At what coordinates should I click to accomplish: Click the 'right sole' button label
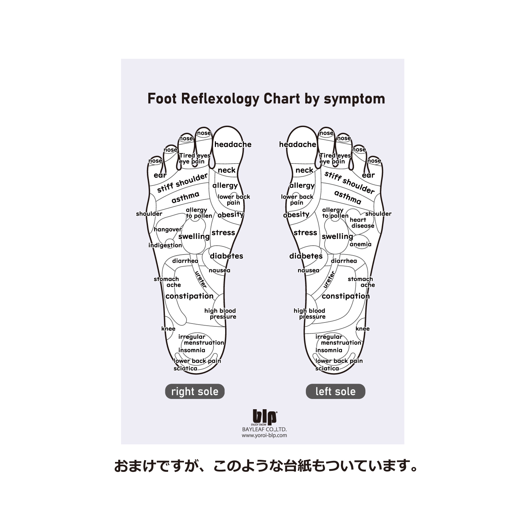[195, 392]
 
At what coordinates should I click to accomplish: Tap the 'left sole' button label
[335, 392]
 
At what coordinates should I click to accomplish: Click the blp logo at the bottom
[264, 417]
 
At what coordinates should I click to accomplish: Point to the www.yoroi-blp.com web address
[264, 435]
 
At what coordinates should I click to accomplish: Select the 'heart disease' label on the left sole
[362, 223]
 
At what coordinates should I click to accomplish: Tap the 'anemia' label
[360, 244]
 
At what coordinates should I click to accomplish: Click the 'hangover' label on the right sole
[167, 229]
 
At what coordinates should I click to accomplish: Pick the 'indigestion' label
[165, 245]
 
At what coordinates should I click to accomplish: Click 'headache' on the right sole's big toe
[233, 144]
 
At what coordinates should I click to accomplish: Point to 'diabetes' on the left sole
[306, 256]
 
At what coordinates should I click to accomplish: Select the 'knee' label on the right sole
[168, 329]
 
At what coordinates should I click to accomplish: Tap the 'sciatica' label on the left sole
[327, 368]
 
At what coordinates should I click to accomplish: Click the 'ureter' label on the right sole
[201, 279]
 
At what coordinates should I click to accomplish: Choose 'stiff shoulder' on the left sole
[349, 182]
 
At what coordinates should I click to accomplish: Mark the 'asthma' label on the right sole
[185, 197]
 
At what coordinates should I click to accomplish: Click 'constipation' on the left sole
[346, 296]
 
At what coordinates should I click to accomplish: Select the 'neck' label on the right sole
[227, 170]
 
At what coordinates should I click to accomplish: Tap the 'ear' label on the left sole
[368, 175]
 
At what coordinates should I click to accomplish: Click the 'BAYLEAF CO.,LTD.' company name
[264, 429]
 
